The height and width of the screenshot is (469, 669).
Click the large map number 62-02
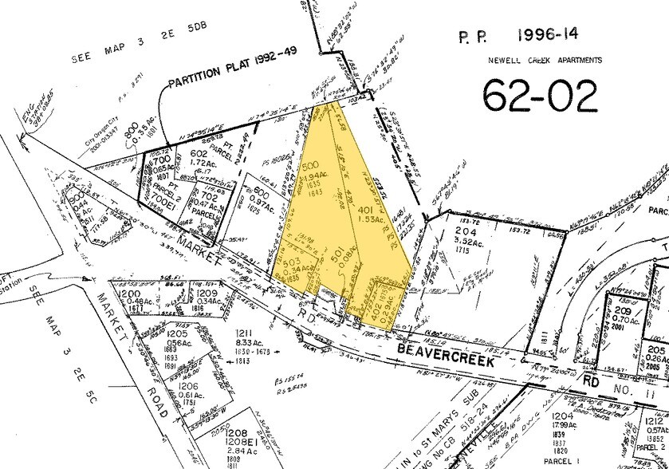pyautogui.click(x=540, y=96)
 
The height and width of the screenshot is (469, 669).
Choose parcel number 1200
pyautogui.click(x=128, y=294)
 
